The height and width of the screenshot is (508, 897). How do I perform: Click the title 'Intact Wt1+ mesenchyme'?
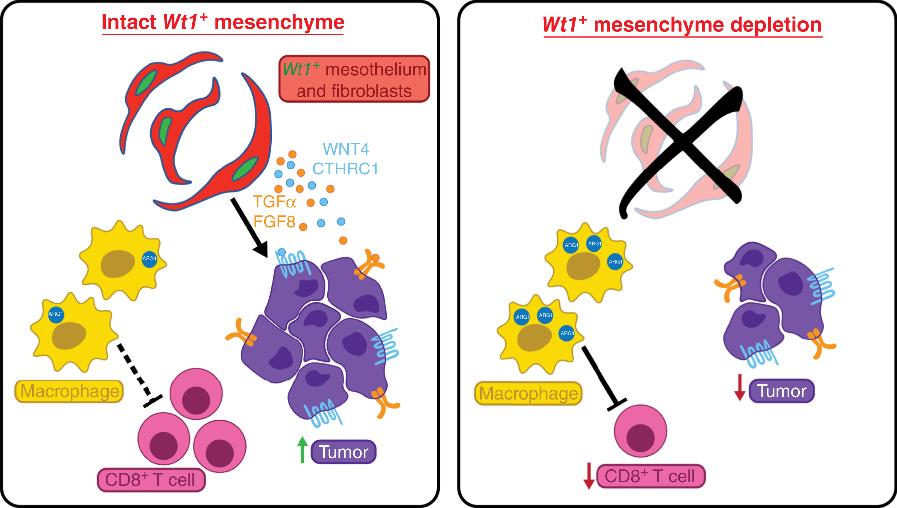(x=223, y=23)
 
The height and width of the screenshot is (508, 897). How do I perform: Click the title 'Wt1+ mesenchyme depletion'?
(x=682, y=25)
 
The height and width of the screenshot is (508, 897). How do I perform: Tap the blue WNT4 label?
(x=346, y=149)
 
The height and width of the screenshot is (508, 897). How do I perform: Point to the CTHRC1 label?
(x=345, y=169)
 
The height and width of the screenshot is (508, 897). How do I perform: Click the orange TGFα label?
(x=274, y=202)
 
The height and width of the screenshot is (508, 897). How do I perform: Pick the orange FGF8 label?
(x=274, y=222)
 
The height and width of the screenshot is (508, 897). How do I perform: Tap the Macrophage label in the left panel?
(x=69, y=392)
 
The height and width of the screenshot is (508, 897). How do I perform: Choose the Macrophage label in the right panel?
(x=528, y=394)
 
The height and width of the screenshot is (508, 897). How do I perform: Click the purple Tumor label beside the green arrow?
(x=343, y=452)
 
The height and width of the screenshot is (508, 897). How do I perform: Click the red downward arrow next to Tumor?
(x=740, y=388)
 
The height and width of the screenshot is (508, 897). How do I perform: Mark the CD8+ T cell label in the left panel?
(x=150, y=480)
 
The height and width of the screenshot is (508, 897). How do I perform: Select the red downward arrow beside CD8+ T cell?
(x=589, y=476)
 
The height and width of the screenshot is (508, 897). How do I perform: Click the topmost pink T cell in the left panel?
(x=196, y=394)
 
